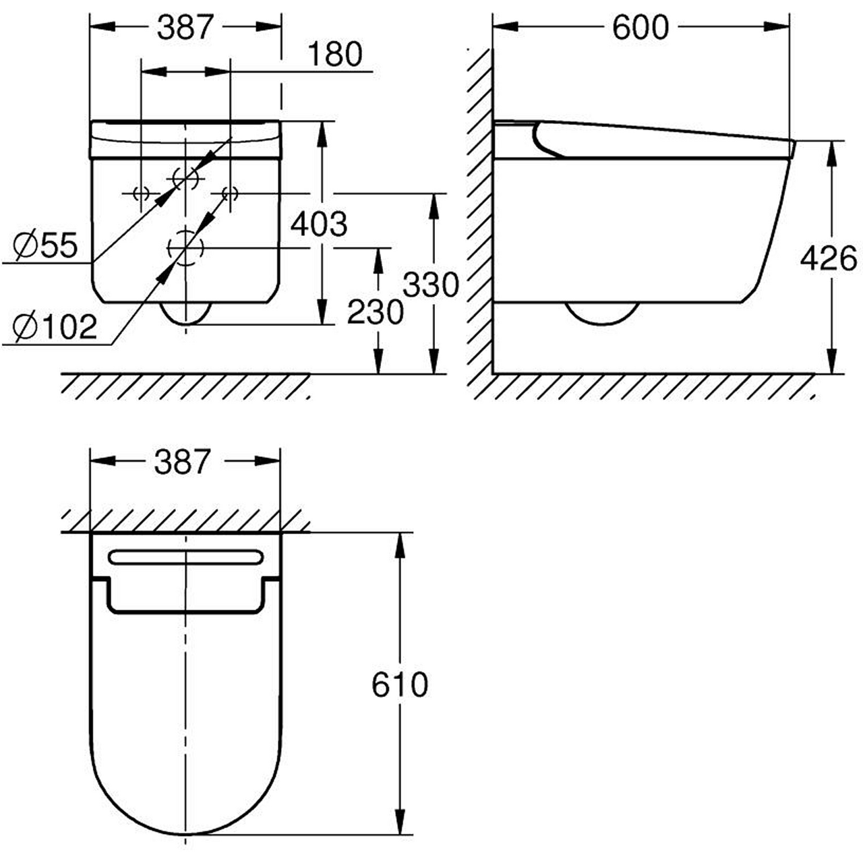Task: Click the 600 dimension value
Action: (x=640, y=28)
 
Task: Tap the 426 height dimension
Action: (x=829, y=259)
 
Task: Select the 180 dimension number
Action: (x=335, y=55)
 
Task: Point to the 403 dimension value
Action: (x=319, y=224)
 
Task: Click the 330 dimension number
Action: (x=431, y=285)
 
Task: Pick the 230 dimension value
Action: (x=376, y=312)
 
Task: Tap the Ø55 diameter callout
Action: (x=45, y=246)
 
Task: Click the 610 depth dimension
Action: (x=400, y=685)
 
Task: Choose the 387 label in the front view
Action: (x=185, y=27)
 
